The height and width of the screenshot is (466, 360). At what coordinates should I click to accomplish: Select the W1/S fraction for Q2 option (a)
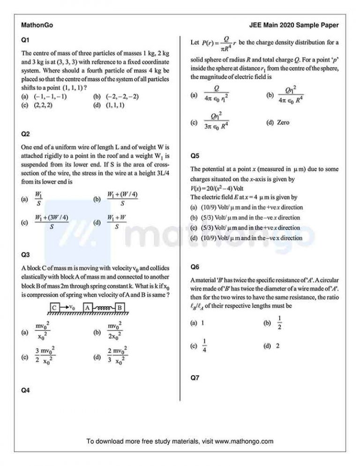39,199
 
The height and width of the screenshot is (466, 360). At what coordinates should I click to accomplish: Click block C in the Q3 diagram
55,308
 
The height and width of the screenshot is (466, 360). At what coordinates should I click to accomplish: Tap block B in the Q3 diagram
120,308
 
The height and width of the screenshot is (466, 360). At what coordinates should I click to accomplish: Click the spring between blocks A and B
103,308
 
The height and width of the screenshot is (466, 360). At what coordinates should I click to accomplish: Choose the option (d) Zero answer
277,123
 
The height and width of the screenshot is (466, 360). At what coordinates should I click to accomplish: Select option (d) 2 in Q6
272,346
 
